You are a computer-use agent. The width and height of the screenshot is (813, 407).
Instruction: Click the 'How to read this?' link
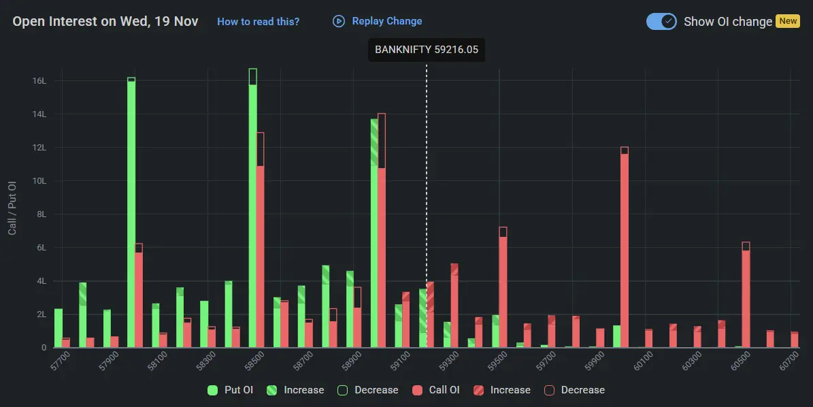click(258, 22)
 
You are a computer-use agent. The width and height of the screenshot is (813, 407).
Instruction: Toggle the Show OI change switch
click(661, 21)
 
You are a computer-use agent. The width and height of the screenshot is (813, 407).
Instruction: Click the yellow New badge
click(788, 21)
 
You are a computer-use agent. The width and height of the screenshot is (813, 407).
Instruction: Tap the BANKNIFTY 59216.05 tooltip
click(427, 50)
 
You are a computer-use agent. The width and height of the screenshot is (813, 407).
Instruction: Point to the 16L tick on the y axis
click(39, 81)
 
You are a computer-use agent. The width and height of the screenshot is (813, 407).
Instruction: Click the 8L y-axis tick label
click(42, 214)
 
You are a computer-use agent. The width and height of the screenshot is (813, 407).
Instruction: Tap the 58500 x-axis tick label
click(256, 361)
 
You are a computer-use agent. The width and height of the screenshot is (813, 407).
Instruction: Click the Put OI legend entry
click(231, 390)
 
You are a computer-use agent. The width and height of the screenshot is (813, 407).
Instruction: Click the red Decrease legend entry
click(575, 390)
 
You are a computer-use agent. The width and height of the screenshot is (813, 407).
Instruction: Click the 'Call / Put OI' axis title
click(12, 208)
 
